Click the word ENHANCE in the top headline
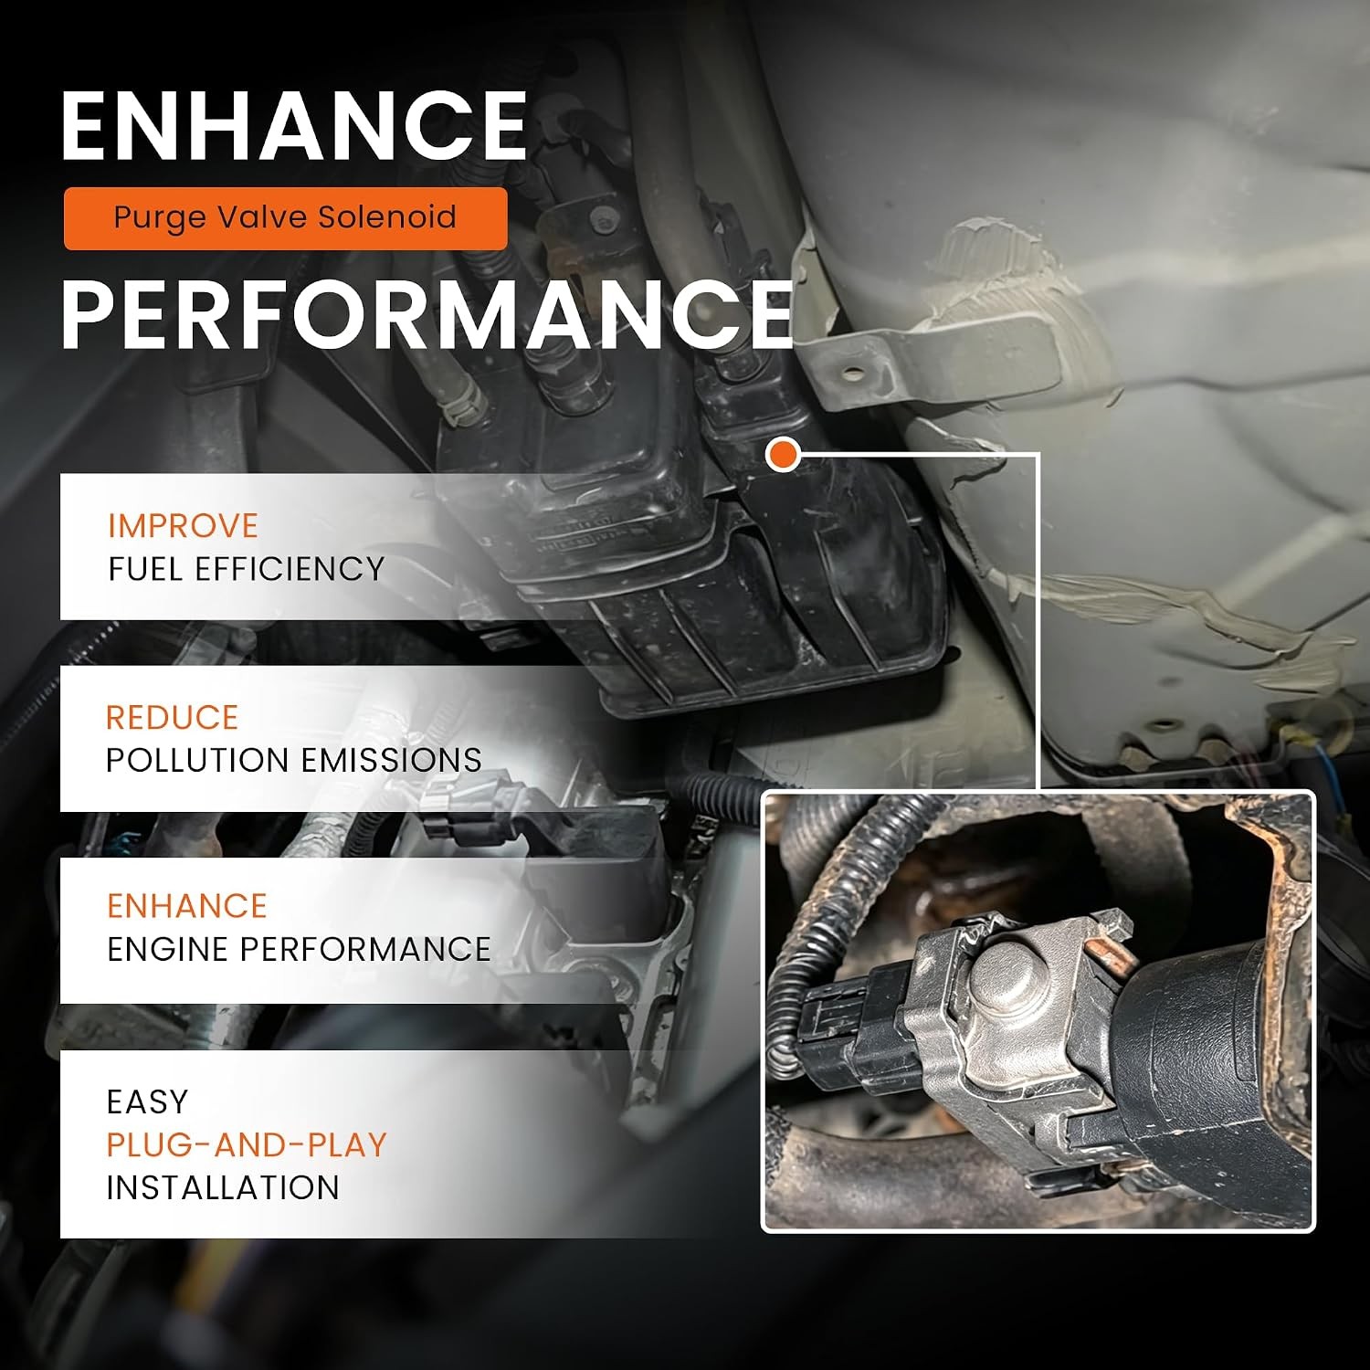pyautogui.click(x=294, y=126)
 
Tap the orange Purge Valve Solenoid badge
pyautogui.click(x=285, y=218)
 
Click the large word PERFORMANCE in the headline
pyautogui.click(x=427, y=314)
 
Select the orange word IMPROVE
pyautogui.click(x=183, y=526)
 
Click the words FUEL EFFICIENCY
pyautogui.click(x=246, y=569)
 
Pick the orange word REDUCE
pyautogui.click(x=172, y=718)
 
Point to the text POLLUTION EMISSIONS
pyautogui.click(x=293, y=761)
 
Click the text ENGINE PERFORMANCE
pyautogui.click(x=299, y=950)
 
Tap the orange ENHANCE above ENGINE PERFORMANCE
pyautogui.click(x=186, y=906)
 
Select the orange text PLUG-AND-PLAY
pyautogui.click(x=247, y=1145)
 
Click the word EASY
pyautogui.click(x=147, y=1102)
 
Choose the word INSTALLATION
pyautogui.click(x=223, y=1188)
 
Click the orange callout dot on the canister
pyautogui.click(x=783, y=454)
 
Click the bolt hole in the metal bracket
pyautogui.click(x=852, y=374)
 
